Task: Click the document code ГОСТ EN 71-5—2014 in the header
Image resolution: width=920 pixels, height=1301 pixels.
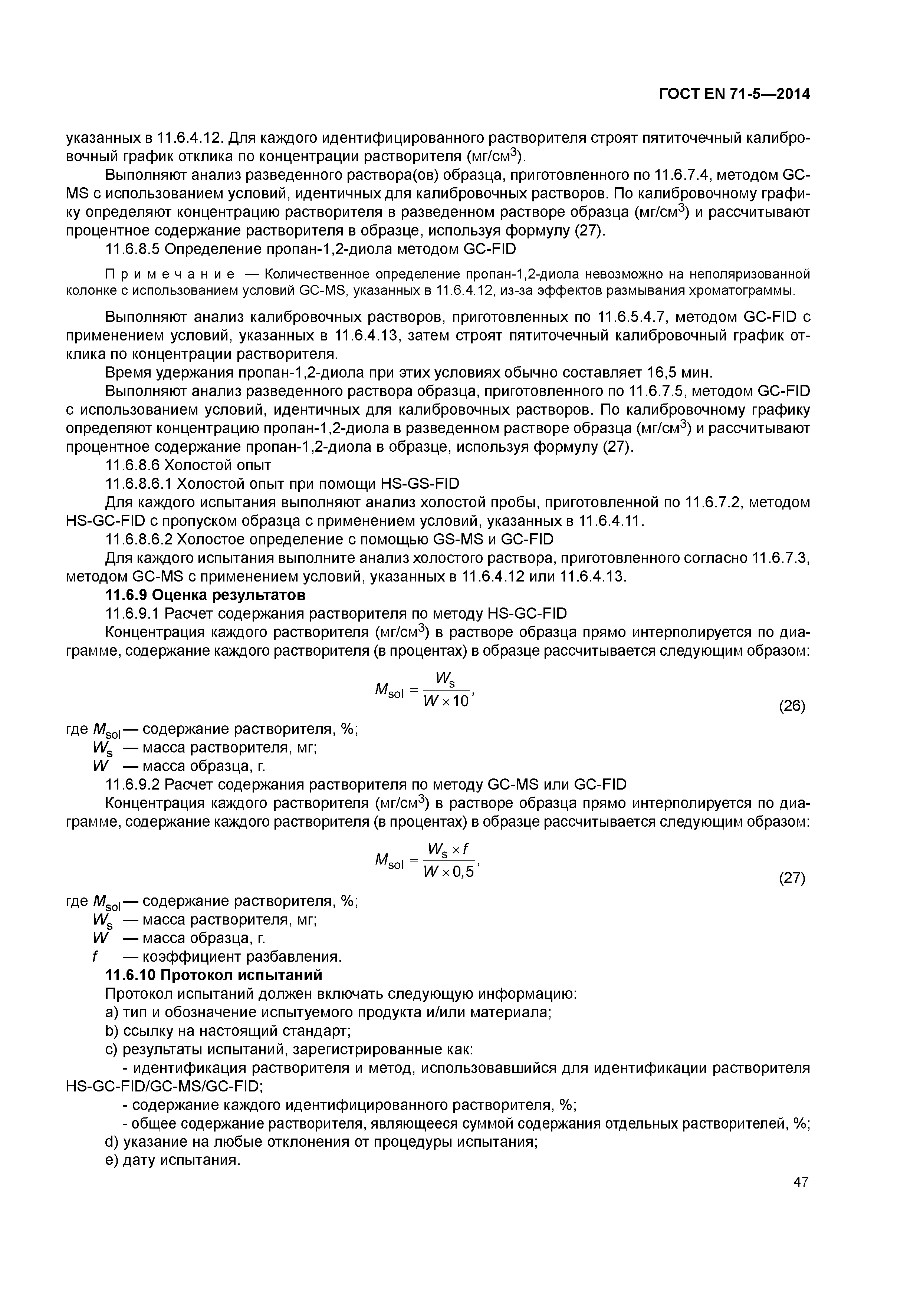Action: [734, 95]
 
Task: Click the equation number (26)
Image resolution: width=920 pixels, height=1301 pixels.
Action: [792, 707]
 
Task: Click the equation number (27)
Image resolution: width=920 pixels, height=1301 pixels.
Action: [792, 879]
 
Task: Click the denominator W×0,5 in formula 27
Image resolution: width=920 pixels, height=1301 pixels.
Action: [448, 873]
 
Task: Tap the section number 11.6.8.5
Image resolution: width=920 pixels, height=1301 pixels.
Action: [133, 249]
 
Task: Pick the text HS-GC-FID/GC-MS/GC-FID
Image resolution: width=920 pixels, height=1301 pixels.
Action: [164, 1086]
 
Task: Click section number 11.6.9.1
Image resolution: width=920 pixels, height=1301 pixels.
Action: [133, 614]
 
